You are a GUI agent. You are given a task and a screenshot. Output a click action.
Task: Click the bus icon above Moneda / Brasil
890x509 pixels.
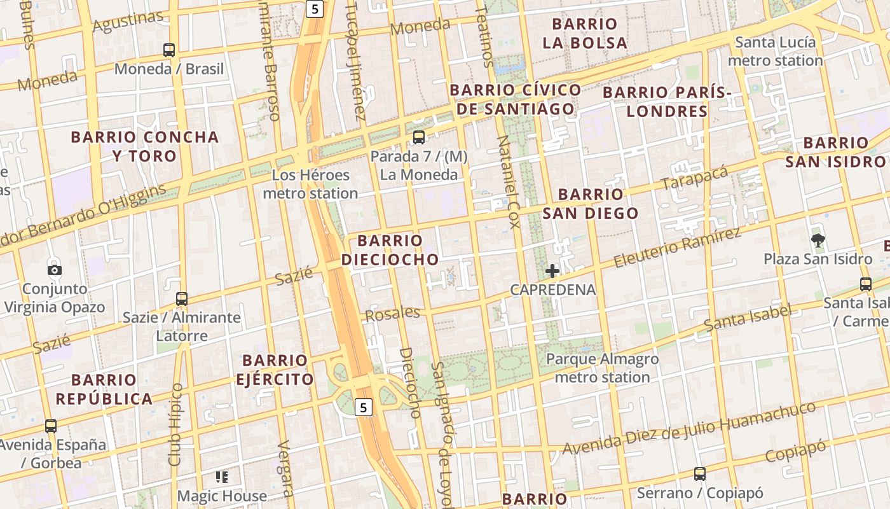(169, 50)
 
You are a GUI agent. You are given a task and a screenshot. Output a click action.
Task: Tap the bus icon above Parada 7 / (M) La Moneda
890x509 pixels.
(418, 137)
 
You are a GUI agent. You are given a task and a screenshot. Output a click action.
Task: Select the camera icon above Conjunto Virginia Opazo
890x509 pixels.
(55, 270)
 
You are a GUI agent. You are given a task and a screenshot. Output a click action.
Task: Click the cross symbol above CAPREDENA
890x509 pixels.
(552, 271)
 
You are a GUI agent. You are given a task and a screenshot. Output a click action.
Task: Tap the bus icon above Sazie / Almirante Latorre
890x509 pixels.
(182, 298)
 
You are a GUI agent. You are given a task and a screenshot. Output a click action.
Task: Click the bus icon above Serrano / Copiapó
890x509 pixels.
(700, 474)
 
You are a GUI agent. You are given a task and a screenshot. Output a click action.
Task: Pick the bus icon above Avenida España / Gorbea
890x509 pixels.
(51, 426)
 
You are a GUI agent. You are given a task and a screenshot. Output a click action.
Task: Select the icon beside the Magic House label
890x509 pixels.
(222, 477)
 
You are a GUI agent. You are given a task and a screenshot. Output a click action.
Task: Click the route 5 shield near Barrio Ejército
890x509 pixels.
(363, 407)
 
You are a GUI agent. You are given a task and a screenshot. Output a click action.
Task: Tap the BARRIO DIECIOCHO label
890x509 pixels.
(390, 249)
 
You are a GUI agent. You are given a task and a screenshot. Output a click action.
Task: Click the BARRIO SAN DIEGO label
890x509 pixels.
(591, 204)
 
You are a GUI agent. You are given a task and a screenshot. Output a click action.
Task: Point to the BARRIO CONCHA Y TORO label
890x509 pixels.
(145, 146)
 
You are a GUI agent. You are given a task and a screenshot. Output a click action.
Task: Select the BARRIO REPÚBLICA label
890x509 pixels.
(104, 389)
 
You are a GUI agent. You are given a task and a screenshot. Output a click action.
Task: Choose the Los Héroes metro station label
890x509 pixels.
(310, 184)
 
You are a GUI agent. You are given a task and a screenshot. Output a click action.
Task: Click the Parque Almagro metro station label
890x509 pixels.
(602, 368)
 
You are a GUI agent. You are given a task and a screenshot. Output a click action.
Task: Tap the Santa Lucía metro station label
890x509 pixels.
(775, 52)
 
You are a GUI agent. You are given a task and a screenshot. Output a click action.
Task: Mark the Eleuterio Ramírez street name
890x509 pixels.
(678, 248)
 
